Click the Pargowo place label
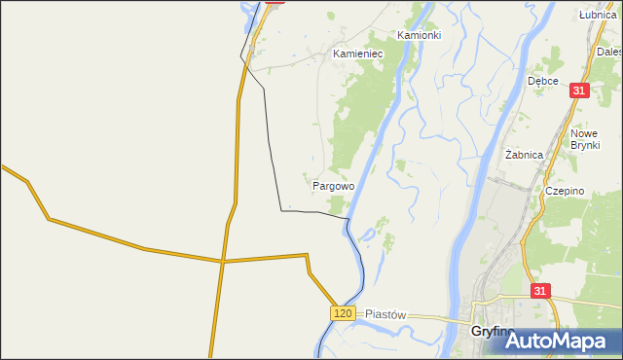click(333, 185)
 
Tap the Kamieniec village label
click(357, 54)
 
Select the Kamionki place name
click(419, 34)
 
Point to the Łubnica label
click(598, 15)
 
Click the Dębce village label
click(542, 81)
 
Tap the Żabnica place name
click(526, 155)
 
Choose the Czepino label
click(565, 192)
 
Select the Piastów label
click(385, 315)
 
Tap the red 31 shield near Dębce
click(579, 90)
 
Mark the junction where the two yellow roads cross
click(222, 261)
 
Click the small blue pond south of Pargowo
click(367, 234)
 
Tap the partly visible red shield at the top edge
click(275, 2)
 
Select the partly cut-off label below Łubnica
click(609, 51)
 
